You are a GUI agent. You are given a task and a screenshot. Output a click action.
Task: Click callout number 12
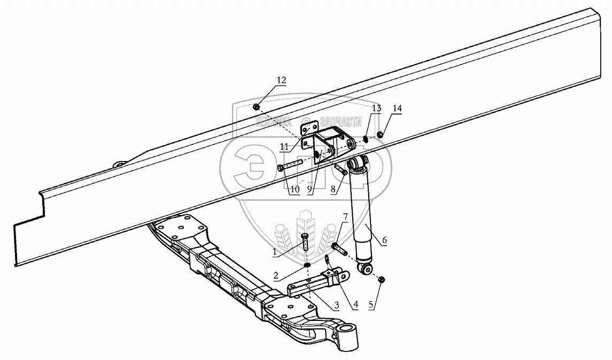[x=281, y=80]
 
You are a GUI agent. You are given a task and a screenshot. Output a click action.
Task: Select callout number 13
[x=376, y=109]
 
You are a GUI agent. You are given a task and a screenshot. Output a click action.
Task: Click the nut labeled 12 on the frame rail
[x=257, y=106]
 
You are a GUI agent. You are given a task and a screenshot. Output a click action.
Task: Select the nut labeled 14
[x=381, y=134]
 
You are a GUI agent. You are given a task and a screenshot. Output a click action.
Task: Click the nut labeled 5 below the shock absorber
[x=382, y=280]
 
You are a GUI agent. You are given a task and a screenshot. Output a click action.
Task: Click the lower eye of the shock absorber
[x=366, y=269]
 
